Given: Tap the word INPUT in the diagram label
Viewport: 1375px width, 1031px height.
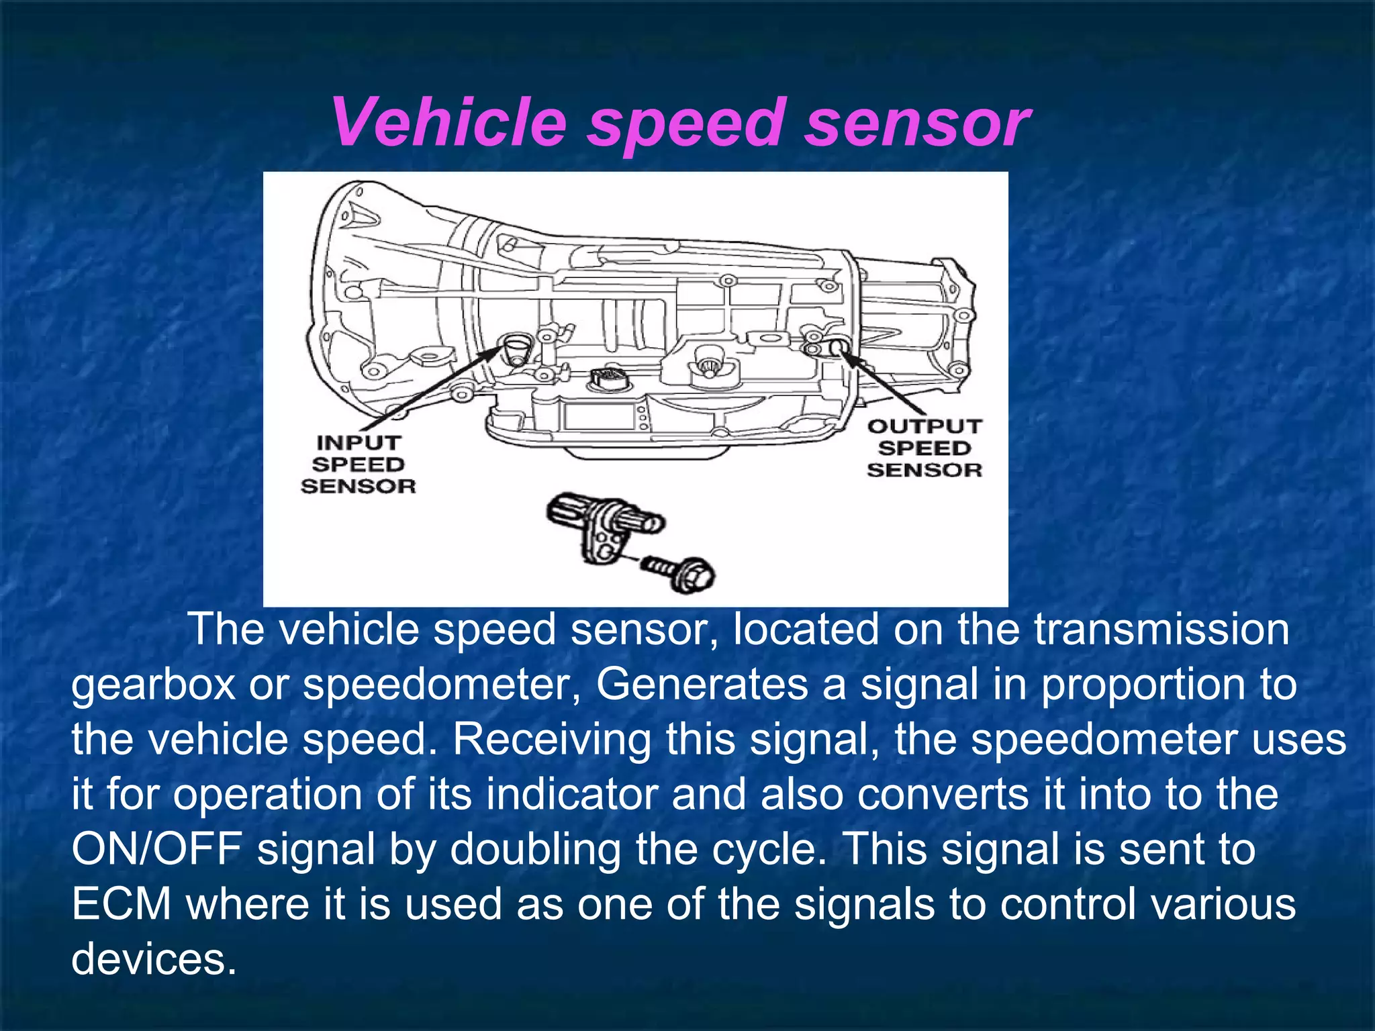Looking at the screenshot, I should [x=359, y=443].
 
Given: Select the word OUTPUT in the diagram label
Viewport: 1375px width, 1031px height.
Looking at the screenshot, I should [x=924, y=426].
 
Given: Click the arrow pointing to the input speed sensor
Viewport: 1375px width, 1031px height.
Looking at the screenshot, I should [x=430, y=389].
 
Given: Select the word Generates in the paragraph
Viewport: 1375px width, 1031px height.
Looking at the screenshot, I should [x=702, y=685].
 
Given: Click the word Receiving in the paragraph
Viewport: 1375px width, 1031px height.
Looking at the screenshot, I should [x=551, y=740].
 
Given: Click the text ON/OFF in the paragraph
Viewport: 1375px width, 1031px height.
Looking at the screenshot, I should [x=156, y=850].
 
